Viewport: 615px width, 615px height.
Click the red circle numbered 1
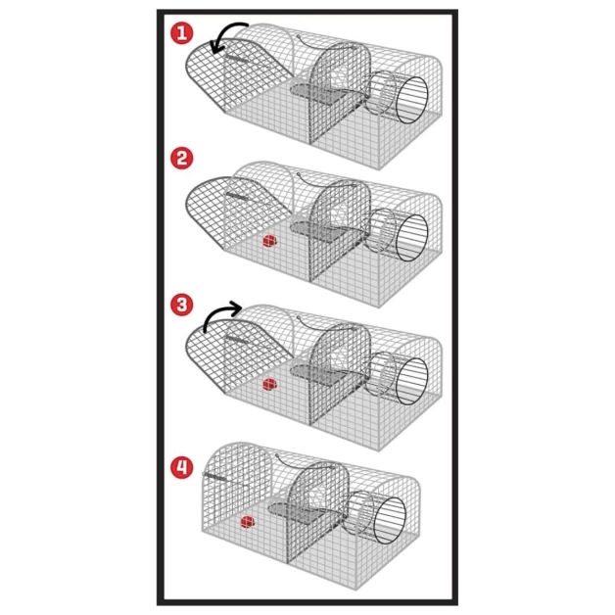[181, 33]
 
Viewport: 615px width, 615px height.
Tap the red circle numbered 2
[181, 158]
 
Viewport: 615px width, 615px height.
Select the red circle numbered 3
[181, 304]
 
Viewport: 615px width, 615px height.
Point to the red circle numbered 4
[181, 467]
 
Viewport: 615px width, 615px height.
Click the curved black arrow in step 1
[231, 36]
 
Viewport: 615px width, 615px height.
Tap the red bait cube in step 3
[268, 386]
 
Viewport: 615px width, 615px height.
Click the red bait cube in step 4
[248, 523]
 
